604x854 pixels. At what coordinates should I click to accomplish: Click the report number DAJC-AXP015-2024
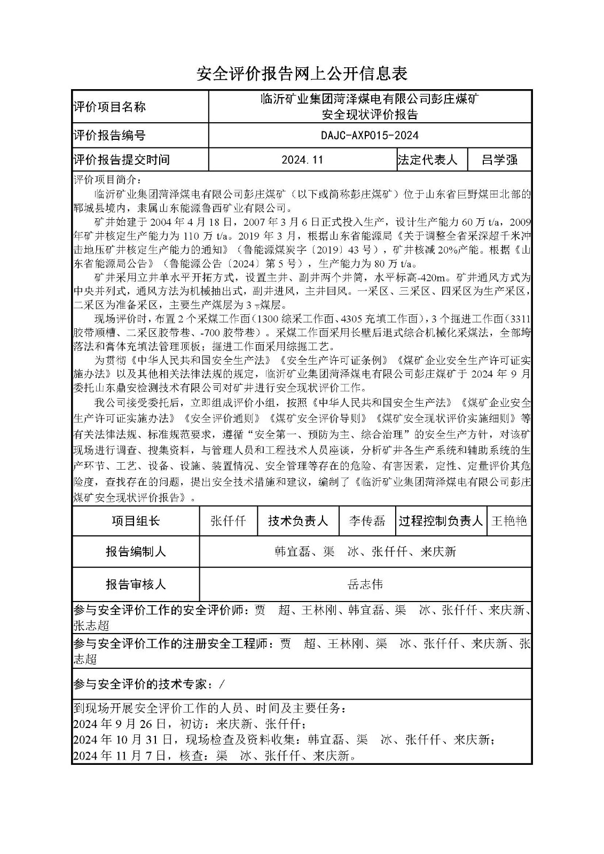click(370, 136)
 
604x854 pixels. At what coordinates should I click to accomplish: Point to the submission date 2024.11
click(302, 160)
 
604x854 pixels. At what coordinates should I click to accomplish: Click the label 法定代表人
click(427, 160)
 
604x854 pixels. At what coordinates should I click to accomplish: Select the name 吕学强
click(499, 160)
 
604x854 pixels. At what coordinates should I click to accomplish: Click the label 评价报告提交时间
click(121, 160)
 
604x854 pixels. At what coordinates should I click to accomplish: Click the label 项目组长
click(136, 521)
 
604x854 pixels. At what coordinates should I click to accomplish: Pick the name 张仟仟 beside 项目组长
click(228, 521)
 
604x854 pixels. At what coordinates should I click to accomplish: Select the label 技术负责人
click(297, 521)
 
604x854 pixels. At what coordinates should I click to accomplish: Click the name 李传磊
click(367, 521)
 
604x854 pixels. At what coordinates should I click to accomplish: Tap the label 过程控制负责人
click(441, 521)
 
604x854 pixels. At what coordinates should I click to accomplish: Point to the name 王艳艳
click(509, 521)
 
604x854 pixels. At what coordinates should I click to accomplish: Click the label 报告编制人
click(136, 552)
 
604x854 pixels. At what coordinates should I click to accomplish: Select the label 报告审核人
click(136, 584)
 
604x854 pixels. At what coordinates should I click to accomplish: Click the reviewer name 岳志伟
click(365, 584)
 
